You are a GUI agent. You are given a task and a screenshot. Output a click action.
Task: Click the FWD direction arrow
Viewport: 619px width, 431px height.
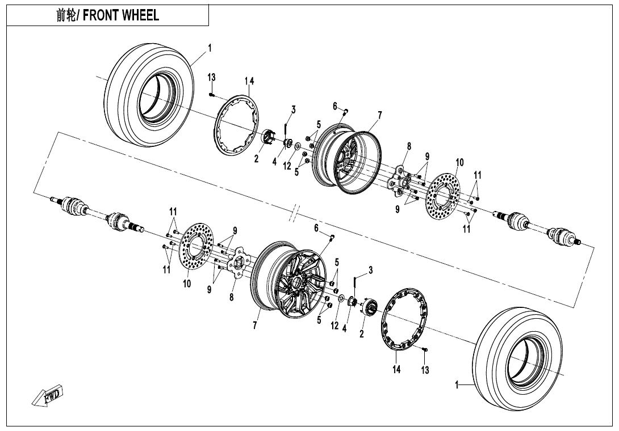point(48,395)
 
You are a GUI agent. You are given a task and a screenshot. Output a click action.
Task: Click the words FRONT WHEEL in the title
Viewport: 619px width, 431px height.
point(120,15)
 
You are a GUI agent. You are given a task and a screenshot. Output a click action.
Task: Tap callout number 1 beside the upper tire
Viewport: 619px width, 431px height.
point(210,48)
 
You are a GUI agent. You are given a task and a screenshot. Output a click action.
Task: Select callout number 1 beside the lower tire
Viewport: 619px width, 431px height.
point(457,386)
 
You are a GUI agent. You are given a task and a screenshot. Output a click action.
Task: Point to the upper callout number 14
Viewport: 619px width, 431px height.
point(249,81)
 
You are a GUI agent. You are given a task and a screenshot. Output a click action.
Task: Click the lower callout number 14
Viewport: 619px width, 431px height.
point(396,370)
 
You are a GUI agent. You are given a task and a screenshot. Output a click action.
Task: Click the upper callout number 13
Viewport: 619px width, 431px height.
point(211,77)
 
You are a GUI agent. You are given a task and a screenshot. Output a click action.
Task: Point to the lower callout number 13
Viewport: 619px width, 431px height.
point(425,370)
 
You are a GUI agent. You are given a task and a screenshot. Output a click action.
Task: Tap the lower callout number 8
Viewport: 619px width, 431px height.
point(232,297)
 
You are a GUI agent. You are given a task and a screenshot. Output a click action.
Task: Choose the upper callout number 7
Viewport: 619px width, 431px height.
point(379,115)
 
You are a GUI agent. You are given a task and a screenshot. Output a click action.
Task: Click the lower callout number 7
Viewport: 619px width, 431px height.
point(256,326)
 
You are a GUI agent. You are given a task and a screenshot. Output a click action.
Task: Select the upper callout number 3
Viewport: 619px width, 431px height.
point(293,109)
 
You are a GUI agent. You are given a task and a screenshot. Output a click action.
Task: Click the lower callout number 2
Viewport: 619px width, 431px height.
point(362,333)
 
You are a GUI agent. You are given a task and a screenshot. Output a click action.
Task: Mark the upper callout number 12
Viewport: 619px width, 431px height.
point(287,166)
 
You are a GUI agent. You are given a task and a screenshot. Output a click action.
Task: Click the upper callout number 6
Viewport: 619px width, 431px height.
point(335,105)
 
